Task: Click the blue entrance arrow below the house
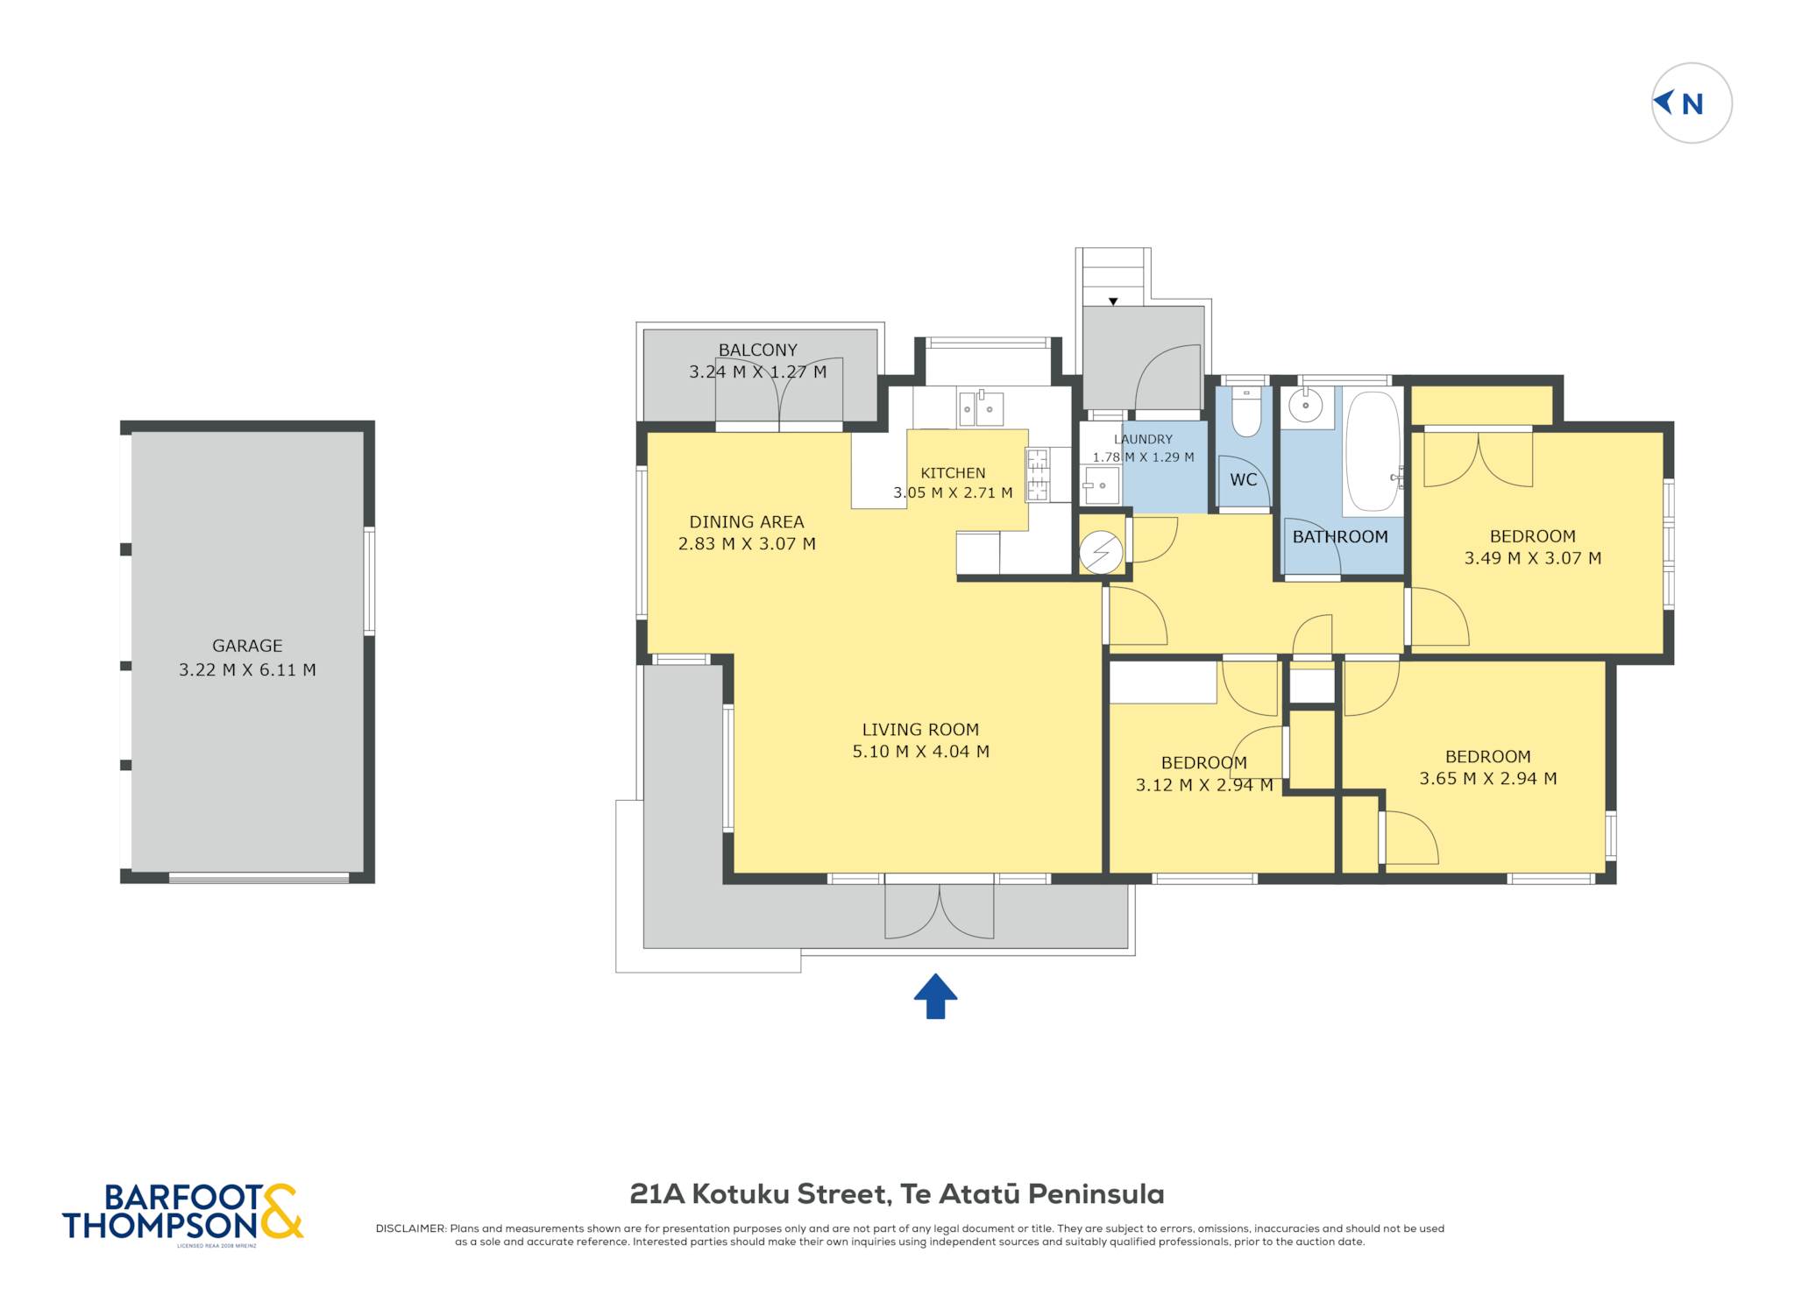(935, 996)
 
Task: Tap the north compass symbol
(1692, 103)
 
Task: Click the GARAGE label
(247, 646)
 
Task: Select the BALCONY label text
(758, 350)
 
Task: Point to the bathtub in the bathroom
(1373, 452)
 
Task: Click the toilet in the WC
(1245, 412)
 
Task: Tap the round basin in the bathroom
(1306, 406)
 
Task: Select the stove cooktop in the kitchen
(1038, 474)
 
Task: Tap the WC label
(1244, 479)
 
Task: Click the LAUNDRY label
(1143, 439)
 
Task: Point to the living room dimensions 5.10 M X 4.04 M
(920, 751)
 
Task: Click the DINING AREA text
(747, 521)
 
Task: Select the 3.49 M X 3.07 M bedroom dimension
(1533, 558)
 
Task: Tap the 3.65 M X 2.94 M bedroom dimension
(1488, 778)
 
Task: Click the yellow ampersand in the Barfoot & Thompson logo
(280, 1211)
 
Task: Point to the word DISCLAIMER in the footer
(410, 1228)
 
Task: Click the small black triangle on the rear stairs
(1113, 301)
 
